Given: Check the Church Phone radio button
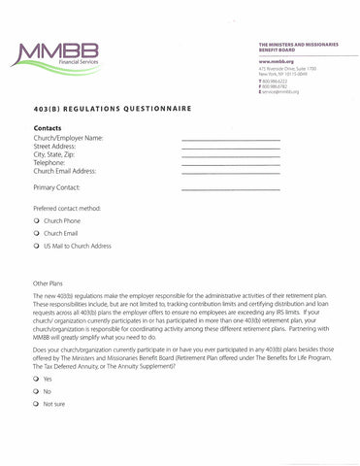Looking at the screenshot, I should coord(36,221).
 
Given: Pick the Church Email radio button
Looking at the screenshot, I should coord(36,234).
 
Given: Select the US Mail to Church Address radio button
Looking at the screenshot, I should coord(36,247).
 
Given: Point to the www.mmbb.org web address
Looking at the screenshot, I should coord(277,62).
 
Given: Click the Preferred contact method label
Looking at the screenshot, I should coord(67,208).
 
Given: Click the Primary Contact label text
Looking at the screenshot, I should coord(56,186).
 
